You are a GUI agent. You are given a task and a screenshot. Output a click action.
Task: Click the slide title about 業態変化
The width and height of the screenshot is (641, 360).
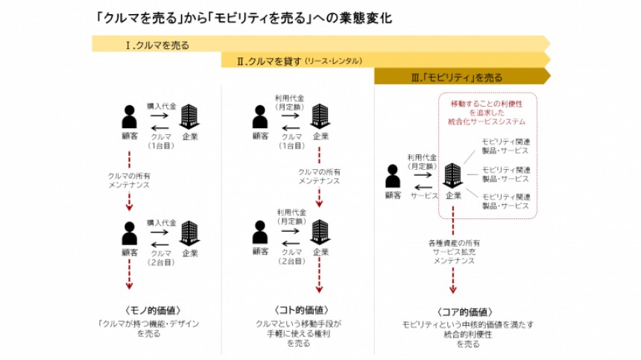(x=243, y=17)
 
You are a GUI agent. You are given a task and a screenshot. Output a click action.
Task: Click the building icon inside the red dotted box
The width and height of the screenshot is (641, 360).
(x=452, y=176)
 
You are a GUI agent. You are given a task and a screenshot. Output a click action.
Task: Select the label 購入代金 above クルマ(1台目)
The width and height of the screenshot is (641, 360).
(x=162, y=107)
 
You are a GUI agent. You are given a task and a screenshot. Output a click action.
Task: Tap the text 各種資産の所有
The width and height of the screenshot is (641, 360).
(x=453, y=243)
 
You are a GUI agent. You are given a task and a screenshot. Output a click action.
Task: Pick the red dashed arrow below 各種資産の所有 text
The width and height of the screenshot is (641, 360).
(x=452, y=282)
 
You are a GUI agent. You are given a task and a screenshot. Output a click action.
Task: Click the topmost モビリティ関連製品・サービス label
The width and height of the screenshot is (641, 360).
(x=506, y=145)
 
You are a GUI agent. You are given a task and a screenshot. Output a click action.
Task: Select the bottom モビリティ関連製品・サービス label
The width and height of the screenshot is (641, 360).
(x=506, y=200)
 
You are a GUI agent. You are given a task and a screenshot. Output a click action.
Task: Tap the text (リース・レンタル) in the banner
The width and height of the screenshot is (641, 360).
(x=333, y=61)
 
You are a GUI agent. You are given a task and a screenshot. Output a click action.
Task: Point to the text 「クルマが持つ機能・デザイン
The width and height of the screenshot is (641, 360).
(x=151, y=324)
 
